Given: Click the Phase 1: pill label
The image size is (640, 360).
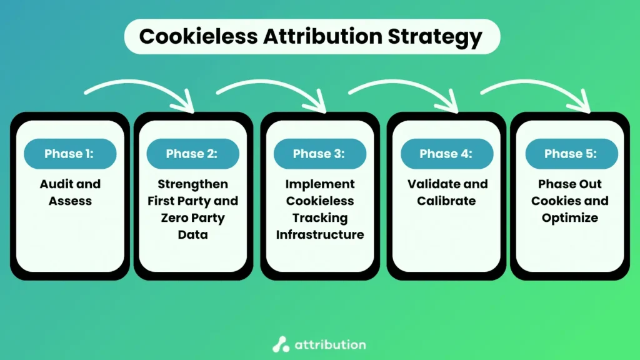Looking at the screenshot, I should pyautogui.click(x=69, y=154).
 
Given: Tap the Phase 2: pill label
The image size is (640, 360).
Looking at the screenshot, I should pyautogui.click(x=192, y=154).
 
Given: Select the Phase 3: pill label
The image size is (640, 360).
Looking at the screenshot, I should pyautogui.click(x=319, y=154).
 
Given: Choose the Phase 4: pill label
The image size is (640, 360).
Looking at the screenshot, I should pyautogui.click(x=446, y=154).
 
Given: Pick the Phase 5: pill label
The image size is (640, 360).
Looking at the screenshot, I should pyautogui.click(x=571, y=154).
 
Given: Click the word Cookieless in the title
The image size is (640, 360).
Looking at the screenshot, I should pyautogui.click(x=197, y=36).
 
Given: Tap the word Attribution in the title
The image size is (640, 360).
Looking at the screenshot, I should pyautogui.click(x=323, y=36).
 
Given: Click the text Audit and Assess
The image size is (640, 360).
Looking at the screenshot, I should pyautogui.click(x=70, y=192).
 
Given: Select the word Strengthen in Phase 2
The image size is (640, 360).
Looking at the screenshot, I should pyautogui.click(x=192, y=184).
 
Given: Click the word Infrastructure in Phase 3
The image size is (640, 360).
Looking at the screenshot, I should pyautogui.click(x=320, y=234).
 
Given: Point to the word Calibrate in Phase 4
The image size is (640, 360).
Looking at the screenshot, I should pyautogui.click(x=447, y=201).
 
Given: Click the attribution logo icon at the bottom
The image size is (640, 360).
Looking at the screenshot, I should pyautogui.click(x=281, y=344).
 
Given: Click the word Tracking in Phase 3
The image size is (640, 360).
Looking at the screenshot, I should pyautogui.click(x=320, y=218).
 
